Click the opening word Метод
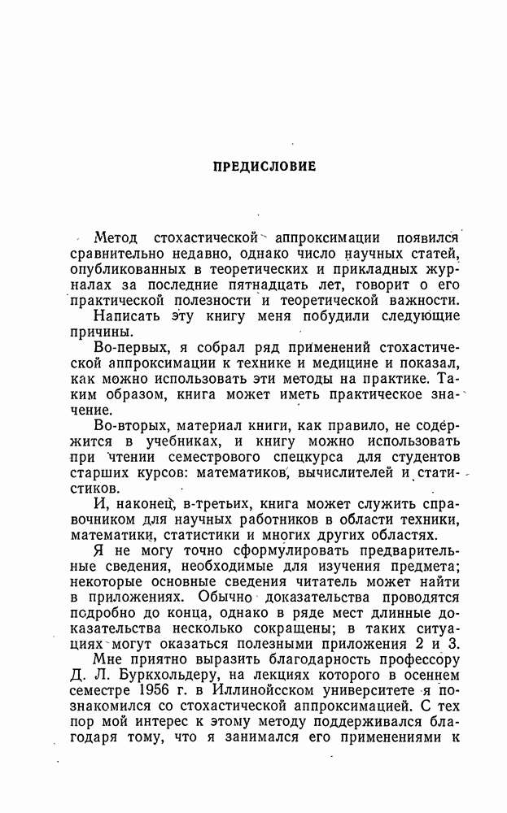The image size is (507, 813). click(117, 238)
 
